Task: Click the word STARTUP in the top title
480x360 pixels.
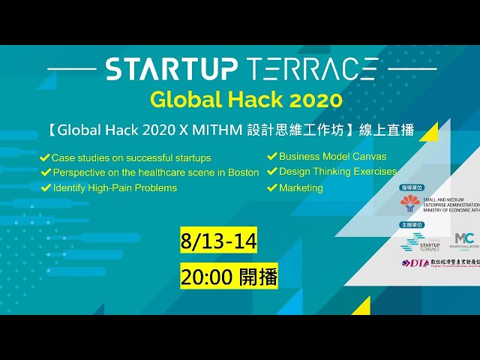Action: [172, 69]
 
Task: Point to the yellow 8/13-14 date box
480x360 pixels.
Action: [219, 241]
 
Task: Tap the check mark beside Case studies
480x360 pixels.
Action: [46, 158]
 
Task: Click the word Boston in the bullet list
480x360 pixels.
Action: [241, 172]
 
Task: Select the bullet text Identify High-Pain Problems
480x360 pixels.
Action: [114, 187]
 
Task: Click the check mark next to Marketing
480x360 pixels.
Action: [272, 188]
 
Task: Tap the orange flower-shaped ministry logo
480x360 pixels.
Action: [409, 202]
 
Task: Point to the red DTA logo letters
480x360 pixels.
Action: [415, 263]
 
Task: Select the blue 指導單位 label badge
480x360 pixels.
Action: [414, 187]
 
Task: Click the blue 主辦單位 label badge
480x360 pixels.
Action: [414, 224]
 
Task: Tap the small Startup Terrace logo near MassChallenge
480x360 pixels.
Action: [424, 242]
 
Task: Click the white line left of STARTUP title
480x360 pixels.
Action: [72, 69]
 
